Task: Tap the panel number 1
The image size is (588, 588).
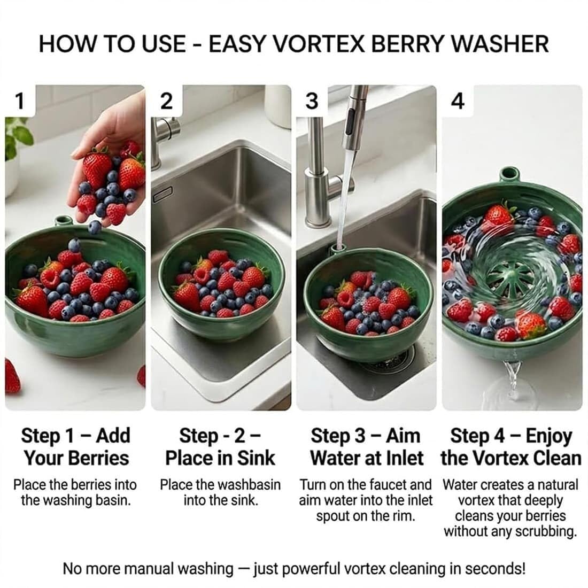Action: point(19,101)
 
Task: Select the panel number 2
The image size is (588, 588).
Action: point(166,101)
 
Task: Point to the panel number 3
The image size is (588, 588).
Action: point(312,101)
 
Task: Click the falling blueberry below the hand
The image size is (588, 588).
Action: point(94,227)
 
